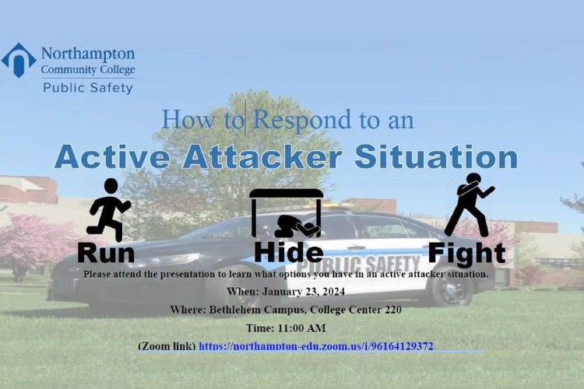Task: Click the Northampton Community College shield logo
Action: coord(19,60)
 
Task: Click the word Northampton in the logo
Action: coord(87,54)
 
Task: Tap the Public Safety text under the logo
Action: coord(87,88)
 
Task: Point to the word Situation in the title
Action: coord(435,156)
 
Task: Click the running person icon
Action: coord(108,209)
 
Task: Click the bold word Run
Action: coord(106,252)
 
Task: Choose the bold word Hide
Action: coord(288,252)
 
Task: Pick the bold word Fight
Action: coord(466,252)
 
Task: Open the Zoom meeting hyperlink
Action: coord(315,345)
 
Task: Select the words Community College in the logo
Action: coord(88,70)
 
